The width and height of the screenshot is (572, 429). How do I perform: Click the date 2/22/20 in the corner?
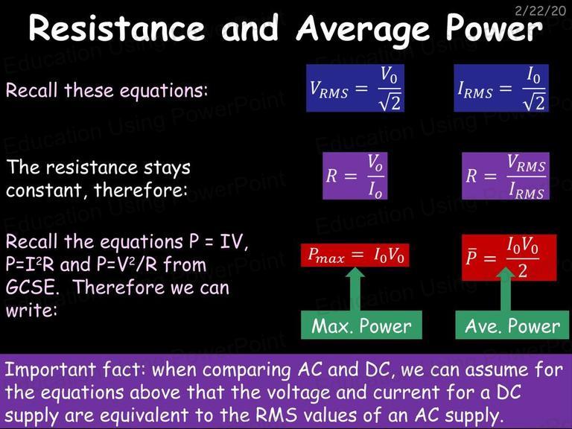pos(541,10)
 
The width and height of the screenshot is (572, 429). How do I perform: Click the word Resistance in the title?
pos(117,28)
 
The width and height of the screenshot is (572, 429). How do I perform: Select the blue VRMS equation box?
pos(355,88)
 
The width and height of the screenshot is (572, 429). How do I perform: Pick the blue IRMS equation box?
pos(501,88)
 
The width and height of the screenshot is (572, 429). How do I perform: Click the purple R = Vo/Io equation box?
pos(355,176)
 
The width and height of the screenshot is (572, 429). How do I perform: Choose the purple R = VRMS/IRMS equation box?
pos(506,176)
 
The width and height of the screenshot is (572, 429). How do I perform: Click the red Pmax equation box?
pos(355,255)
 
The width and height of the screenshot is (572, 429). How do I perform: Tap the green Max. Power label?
pos(361,325)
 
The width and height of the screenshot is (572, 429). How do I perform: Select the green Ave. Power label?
pos(512,325)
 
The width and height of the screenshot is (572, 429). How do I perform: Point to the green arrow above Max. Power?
pos(355,289)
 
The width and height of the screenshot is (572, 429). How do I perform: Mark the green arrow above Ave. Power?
pos(506,289)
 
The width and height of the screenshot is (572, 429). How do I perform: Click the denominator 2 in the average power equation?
pos(522,270)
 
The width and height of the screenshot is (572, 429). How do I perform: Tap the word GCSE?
pos(32,287)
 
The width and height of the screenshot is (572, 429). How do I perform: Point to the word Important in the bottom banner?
pos(50,370)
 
